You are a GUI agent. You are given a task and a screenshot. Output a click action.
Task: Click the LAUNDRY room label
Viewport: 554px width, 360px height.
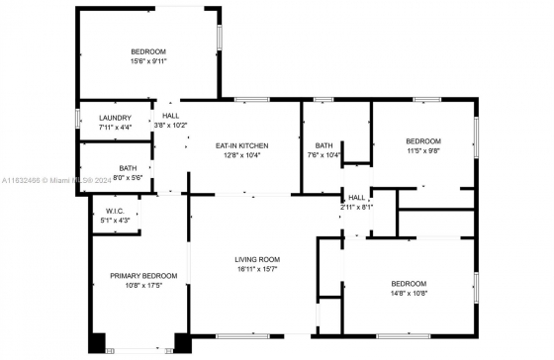tap(115, 118)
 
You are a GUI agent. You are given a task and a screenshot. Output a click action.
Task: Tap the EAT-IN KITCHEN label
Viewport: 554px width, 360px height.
tap(242, 145)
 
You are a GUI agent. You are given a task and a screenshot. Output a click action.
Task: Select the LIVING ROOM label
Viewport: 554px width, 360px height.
tap(257, 260)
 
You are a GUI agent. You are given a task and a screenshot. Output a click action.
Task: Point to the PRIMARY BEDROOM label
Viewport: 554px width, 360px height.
tap(143, 276)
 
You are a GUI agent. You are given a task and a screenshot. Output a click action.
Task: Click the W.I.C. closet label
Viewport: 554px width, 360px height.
tap(115, 212)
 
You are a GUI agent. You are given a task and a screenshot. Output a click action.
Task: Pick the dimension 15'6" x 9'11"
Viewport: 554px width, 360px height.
tap(148, 61)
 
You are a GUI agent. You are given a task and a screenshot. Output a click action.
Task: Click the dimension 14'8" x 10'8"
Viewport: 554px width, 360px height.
tap(410, 293)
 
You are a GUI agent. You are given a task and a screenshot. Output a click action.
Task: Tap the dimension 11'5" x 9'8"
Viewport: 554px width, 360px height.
tap(423, 151)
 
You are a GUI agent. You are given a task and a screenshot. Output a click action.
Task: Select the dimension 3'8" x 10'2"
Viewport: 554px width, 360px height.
tap(170, 125)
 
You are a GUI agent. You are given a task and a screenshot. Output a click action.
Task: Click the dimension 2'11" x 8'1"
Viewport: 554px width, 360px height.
tap(357, 208)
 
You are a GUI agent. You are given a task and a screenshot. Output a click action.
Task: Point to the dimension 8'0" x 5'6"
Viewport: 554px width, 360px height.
tap(128, 178)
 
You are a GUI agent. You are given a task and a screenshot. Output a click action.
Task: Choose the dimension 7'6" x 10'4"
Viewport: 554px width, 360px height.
tap(324, 155)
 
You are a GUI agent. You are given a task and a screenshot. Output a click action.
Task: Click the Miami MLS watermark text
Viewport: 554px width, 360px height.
tap(56, 180)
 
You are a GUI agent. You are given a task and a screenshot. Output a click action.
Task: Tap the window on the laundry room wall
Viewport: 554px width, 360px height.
tap(78, 119)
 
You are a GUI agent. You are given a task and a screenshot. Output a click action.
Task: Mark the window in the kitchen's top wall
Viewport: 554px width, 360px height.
tap(252, 100)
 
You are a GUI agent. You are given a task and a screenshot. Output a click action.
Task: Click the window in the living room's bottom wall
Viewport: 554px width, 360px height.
tap(242, 336)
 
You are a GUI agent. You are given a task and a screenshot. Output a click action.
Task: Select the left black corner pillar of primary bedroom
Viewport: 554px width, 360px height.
tap(97, 343)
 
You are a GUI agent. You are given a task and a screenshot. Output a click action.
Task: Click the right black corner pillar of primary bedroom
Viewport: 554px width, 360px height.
tap(183, 343)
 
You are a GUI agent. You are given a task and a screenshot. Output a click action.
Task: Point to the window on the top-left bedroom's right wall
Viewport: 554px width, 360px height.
tap(220, 38)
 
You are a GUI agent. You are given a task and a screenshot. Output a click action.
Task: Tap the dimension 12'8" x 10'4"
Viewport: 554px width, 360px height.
tap(242, 155)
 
